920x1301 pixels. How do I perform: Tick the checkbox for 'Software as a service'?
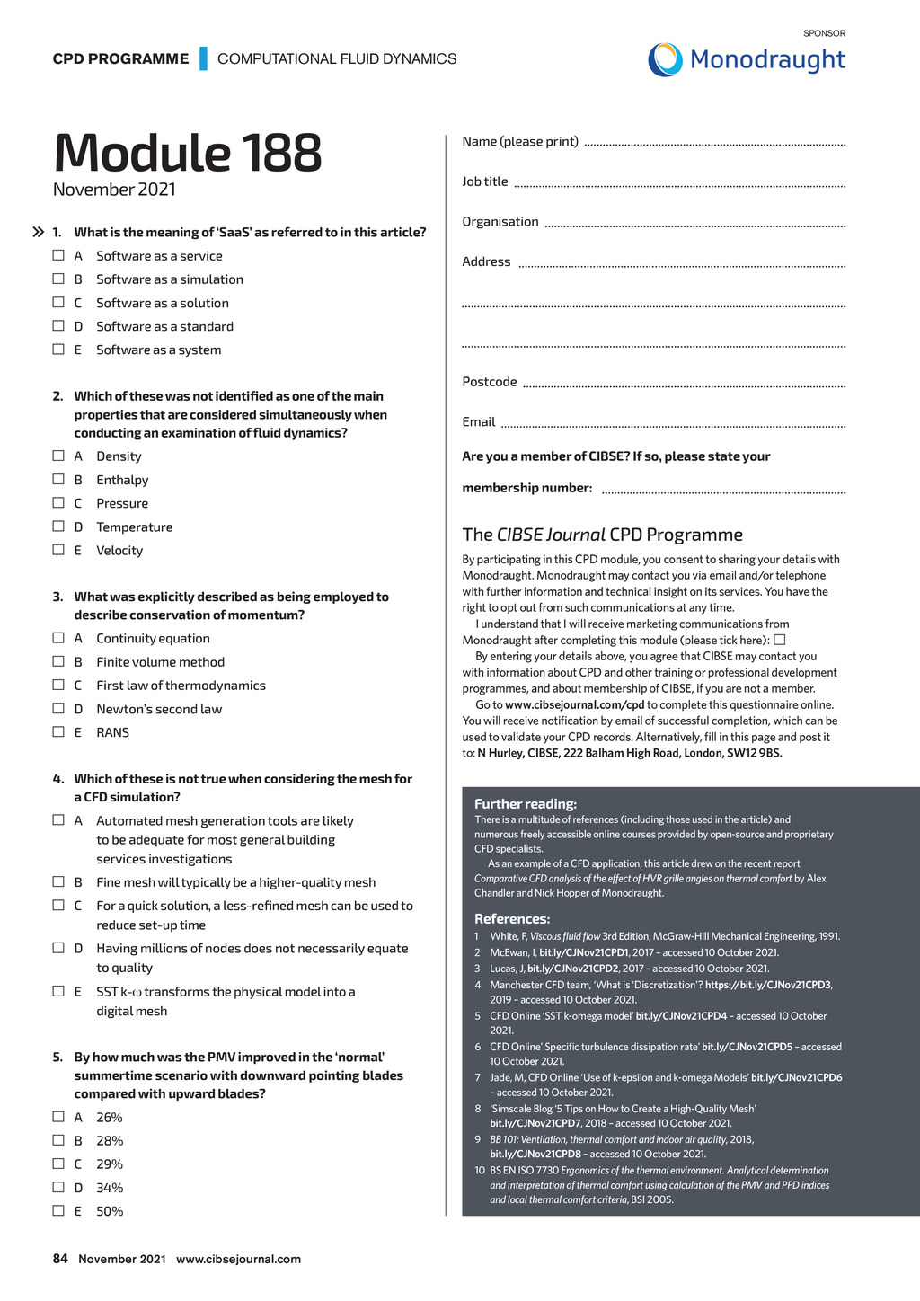(x=58, y=256)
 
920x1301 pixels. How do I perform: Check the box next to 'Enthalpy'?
(x=58, y=480)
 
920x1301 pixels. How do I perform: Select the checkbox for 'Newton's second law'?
(x=58, y=709)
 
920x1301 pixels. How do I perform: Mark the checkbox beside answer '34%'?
(x=58, y=1188)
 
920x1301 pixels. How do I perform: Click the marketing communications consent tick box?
(x=780, y=640)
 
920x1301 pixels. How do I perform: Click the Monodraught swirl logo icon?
(x=665, y=60)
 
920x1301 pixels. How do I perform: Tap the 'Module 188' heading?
(x=187, y=153)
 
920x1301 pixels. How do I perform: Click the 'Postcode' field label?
(x=490, y=382)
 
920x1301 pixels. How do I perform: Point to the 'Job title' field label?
(x=485, y=181)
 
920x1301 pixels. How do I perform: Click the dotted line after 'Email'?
(x=674, y=425)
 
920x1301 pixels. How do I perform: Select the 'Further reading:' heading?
(x=526, y=804)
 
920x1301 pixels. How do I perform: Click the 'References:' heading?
(x=512, y=919)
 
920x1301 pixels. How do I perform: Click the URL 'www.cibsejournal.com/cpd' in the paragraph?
(x=574, y=705)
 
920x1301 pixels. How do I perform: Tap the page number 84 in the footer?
(x=60, y=1259)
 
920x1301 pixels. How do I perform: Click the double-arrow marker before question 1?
(x=39, y=233)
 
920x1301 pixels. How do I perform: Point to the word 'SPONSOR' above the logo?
(x=824, y=33)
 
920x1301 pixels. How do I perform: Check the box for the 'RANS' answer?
(x=58, y=732)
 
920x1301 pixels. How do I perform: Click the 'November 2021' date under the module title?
(x=114, y=190)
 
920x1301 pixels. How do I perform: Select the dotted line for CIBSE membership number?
(x=723, y=491)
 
